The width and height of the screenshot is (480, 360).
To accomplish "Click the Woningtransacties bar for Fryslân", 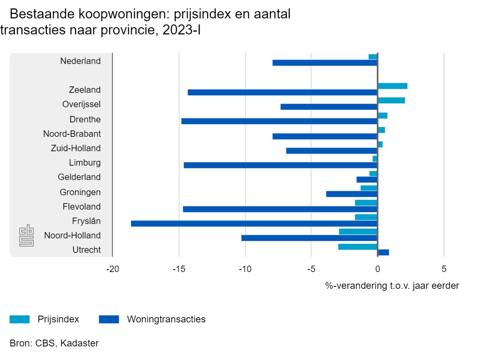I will [x=254, y=224].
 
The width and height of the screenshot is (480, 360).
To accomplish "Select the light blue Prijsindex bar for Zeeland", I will [x=392, y=86].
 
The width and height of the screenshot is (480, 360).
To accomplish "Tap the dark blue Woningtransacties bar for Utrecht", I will [x=383, y=252].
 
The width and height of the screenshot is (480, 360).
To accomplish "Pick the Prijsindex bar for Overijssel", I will [x=391, y=100].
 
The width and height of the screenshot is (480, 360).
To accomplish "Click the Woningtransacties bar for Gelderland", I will [x=367, y=180].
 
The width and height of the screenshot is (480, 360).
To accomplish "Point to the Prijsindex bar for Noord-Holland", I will [x=358, y=232].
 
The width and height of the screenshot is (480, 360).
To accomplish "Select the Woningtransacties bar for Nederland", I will [x=325, y=63].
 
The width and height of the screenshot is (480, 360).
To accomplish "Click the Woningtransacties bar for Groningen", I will [x=352, y=194].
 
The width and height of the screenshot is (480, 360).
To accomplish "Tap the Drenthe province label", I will [x=85, y=119].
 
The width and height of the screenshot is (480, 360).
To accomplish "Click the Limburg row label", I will [x=85, y=163].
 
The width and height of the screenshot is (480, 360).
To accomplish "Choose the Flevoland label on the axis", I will [x=82, y=207].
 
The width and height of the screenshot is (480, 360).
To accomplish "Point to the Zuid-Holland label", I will [x=76, y=148].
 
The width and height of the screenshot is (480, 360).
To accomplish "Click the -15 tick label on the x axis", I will [x=179, y=269].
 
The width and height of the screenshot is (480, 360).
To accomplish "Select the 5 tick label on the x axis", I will [x=444, y=269].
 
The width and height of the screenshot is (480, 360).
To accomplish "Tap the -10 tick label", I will [x=245, y=269].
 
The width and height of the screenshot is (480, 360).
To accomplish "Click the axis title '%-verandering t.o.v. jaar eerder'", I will [x=392, y=286].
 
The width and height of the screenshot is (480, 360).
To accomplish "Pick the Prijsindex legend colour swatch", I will [x=20, y=319].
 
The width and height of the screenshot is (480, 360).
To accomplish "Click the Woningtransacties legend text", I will [x=166, y=319].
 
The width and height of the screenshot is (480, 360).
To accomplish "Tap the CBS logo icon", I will [x=27, y=236].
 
